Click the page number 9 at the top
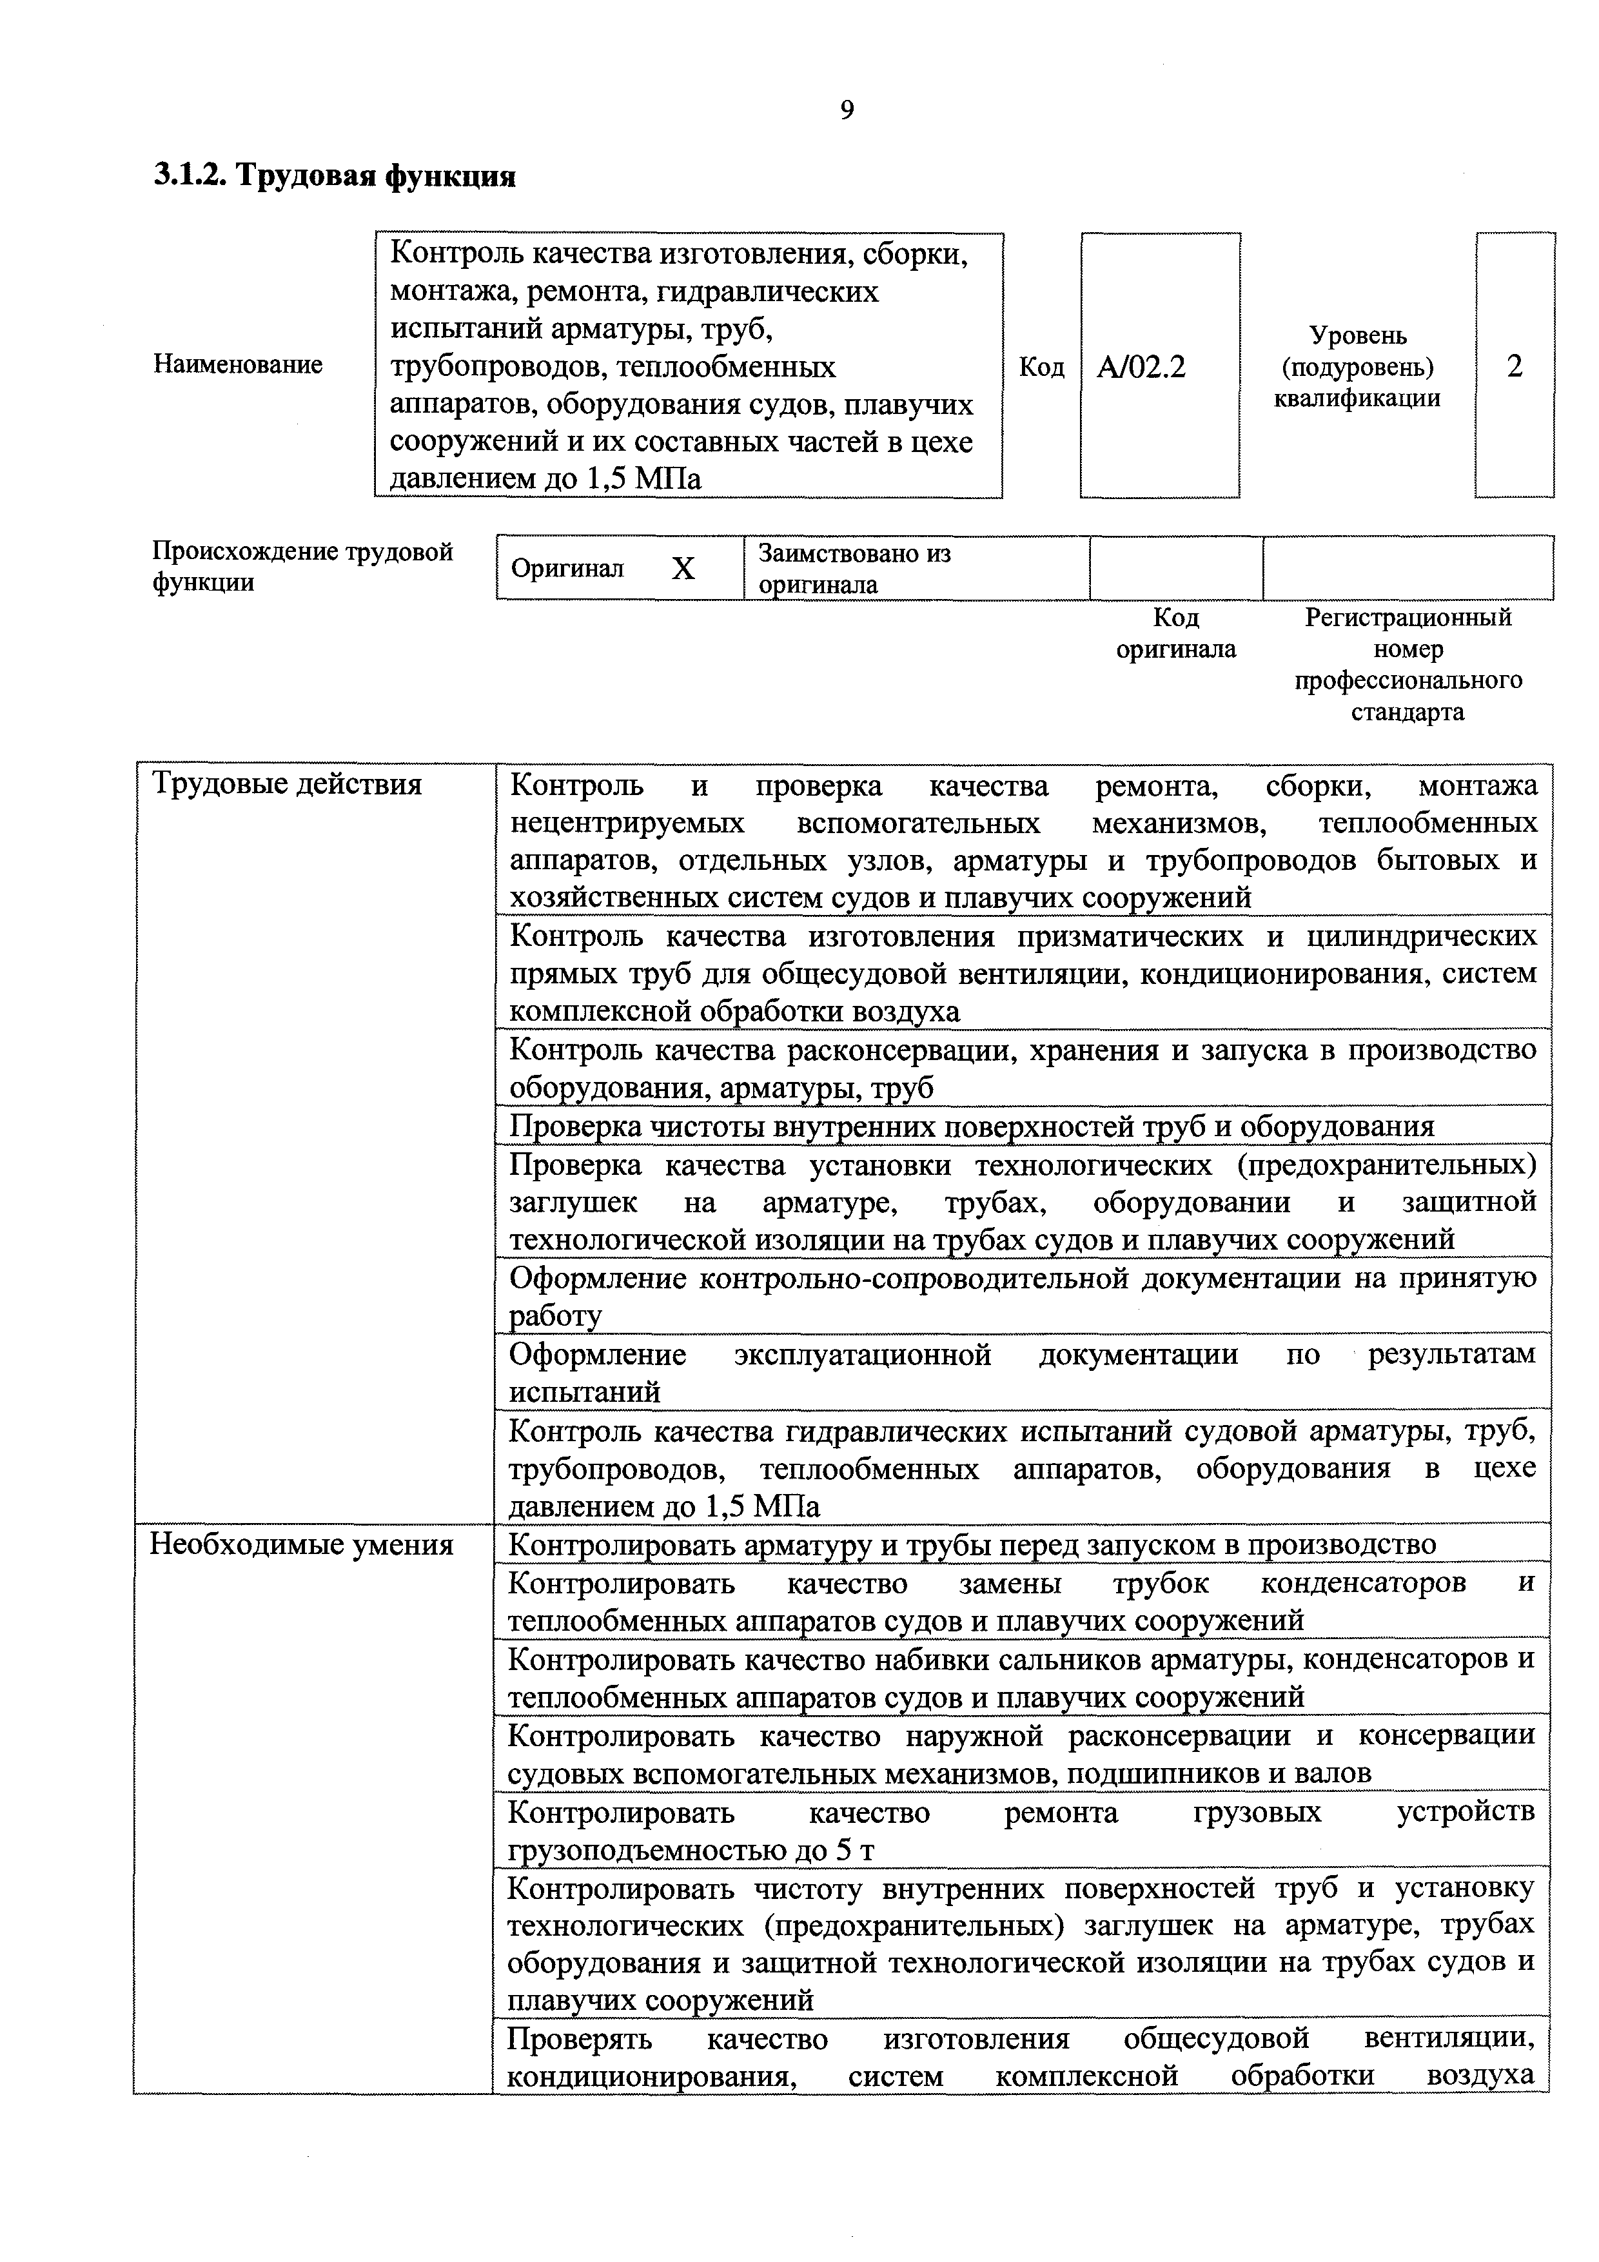[847, 110]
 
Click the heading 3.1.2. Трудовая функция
[335, 177]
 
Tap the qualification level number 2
[1515, 366]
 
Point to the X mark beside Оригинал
[683, 569]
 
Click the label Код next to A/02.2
[1041, 368]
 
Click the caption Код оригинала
[1175, 633]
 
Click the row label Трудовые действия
[287, 785]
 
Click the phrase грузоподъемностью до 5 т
[691, 1851]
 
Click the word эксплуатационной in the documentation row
[862, 1355]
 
